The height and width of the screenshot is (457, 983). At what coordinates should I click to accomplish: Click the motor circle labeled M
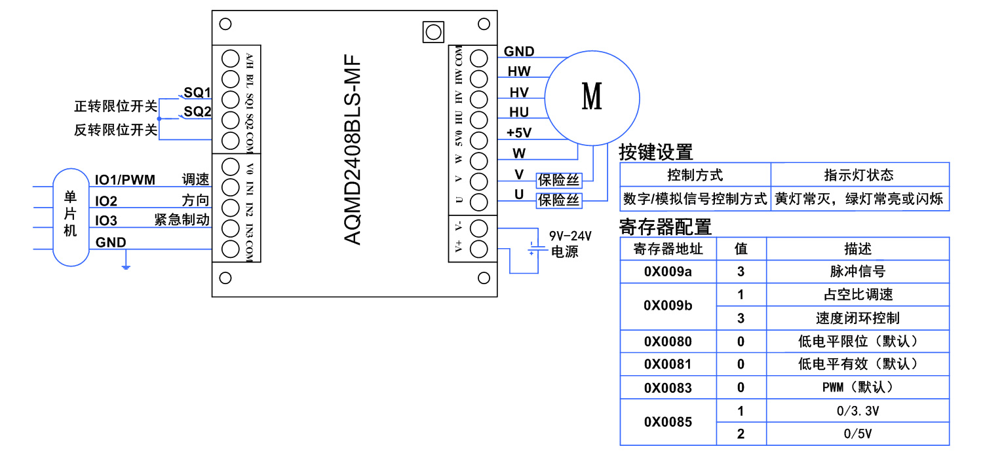point(592,96)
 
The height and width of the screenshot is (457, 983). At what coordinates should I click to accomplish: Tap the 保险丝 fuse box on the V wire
point(559,180)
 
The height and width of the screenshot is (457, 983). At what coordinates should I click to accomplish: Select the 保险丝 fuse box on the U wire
point(559,200)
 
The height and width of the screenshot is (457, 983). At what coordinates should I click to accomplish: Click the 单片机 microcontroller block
point(70,215)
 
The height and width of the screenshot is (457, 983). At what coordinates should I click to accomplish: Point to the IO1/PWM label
point(125,179)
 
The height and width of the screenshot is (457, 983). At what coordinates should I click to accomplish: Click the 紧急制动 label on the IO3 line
point(182,220)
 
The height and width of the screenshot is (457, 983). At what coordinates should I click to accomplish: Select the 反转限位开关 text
point(116,130)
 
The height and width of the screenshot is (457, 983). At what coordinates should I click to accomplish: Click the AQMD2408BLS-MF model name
point(353,151)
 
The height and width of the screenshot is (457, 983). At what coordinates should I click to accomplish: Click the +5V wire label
point(519,133)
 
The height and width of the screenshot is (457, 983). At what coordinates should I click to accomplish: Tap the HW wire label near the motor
point(519,71)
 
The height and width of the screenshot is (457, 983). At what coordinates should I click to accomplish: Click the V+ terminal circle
point(479,248)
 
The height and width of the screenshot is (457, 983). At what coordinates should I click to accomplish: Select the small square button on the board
point(433,32)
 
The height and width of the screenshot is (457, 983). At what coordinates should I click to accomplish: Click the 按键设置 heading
point(655,152)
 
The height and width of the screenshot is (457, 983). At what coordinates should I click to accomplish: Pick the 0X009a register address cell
point(668,271)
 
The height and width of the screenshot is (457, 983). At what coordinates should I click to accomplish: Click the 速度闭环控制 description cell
point(857,318)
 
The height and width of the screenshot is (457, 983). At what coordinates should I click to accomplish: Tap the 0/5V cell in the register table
point(857,433)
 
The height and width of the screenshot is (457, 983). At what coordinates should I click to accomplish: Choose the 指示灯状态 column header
point(858,175)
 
